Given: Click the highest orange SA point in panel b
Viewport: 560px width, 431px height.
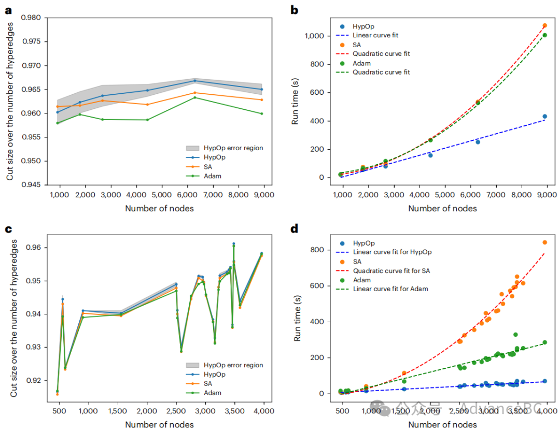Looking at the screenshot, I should pyautogui.click(x=544, y=25).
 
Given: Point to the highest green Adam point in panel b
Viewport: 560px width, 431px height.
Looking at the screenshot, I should pyautogui.click(x=544, y=35).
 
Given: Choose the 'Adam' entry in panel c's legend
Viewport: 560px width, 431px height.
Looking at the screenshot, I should pyautogui.click(x=213, y=393).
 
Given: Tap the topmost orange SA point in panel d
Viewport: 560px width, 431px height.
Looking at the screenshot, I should pyautogui.click(x=544, y=242).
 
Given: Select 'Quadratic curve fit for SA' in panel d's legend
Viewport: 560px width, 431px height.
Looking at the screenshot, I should pyautogui.click(x=391, y=270).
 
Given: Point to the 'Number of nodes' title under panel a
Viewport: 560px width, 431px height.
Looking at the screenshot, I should pyautogui.click(x=160, y=208).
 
